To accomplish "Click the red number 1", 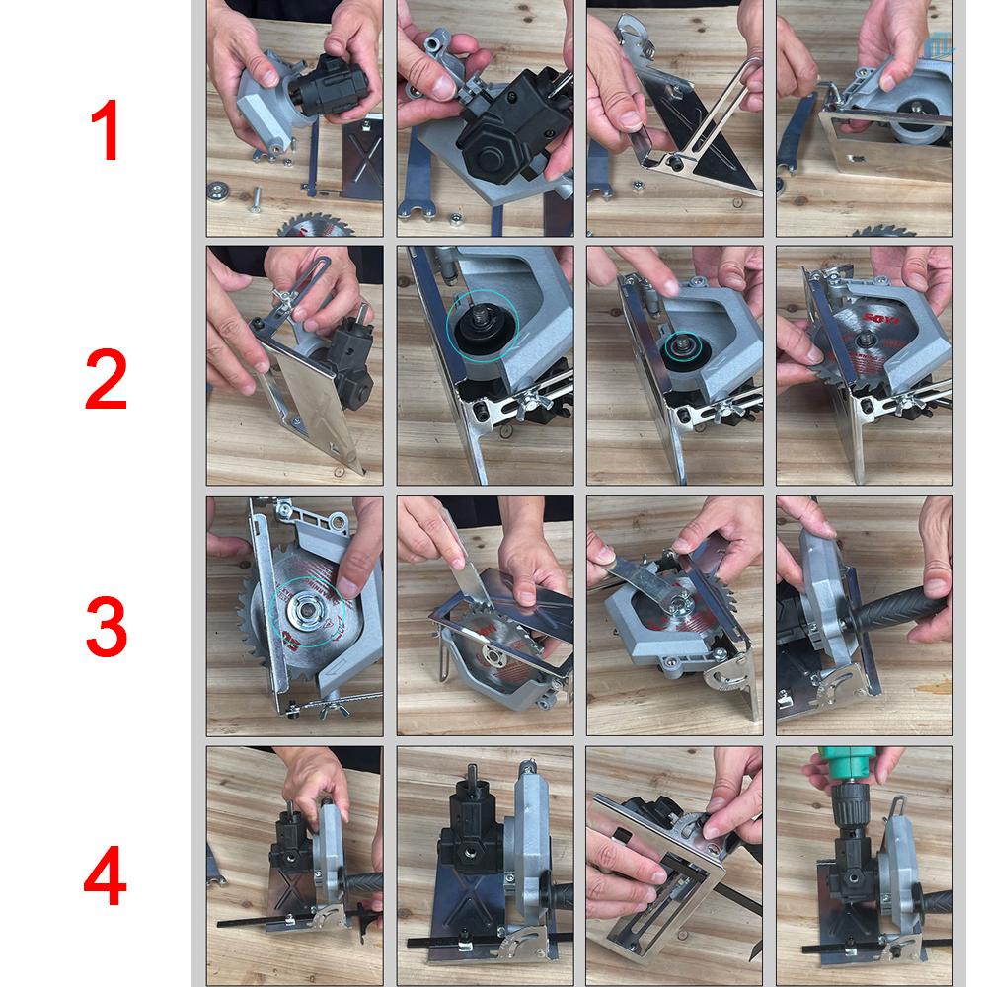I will [x=106, y=132].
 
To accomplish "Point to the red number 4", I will [x=106, y=877].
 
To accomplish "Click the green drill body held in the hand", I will [x=847, y=765].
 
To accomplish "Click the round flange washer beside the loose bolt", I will [x=218, y=190].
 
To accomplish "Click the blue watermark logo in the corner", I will [x=940, y=41].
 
